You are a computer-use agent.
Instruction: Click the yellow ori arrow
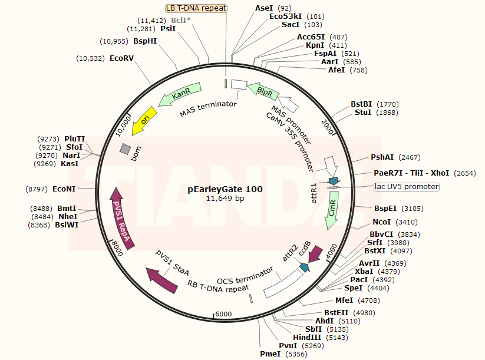click(x=144, y=121)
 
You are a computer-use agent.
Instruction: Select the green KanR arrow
click(x=180, y=94)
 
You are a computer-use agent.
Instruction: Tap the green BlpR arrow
click(x=263, y=91)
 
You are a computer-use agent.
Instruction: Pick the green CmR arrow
click(x=332, y=210)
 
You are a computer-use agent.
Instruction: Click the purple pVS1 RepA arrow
click(x=121, y=219)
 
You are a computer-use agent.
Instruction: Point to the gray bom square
click(x=126, y=148)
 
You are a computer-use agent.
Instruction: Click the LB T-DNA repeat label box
click(x=196, y=8)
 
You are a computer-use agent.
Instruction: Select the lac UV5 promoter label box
click(x=407, y=187)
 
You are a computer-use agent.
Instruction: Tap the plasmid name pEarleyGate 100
click(x=225, y=189)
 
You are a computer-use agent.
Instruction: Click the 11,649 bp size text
click(x=225, y=198)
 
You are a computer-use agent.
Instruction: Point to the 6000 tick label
click(x=223, y=314)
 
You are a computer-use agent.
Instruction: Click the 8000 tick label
click(x=117, y=248)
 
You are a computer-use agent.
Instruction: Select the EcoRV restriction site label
click(x=121, y=58)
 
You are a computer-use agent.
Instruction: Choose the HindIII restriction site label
click(x=307, y=338)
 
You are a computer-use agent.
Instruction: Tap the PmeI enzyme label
click(x=270, y=354)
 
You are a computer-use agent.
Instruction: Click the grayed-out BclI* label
click(x=181, y=21)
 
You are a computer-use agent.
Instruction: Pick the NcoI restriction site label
click(x=382, y=222)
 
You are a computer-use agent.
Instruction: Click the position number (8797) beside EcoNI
click(x=37, y=189)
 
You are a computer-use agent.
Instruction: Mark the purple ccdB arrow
click(x=315, y=254)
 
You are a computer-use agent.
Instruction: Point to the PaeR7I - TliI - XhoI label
click(x=411, y=173)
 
